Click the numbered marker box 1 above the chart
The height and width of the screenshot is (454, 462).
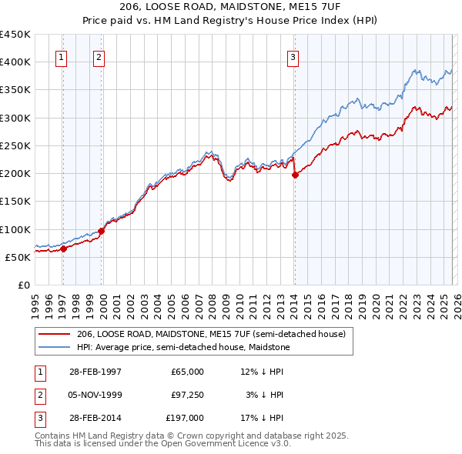(x=61, y=56)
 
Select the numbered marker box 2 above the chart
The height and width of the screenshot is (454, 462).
(x=99, y=56)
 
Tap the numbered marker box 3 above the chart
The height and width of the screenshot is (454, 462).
(x=293, y=56)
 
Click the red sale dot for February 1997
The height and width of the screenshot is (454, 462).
(x=64, y=248)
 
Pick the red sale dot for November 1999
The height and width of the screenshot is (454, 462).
(x=101, y=230)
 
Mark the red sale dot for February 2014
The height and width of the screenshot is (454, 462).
(x=295, y=175)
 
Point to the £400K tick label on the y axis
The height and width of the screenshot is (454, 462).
(x=15, y=62)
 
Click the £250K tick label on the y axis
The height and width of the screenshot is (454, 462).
(x=15, y=145)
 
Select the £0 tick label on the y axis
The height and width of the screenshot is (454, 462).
(x=23, y=285)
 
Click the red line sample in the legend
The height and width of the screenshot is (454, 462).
(x=53, y=334)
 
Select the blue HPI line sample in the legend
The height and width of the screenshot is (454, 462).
(x=53, y=347)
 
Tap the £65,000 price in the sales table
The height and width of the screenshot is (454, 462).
(x=186, y=372)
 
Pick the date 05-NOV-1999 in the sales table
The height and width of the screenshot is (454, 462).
(x=95, y=395)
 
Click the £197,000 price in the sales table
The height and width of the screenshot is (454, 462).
(x=183, y=418)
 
